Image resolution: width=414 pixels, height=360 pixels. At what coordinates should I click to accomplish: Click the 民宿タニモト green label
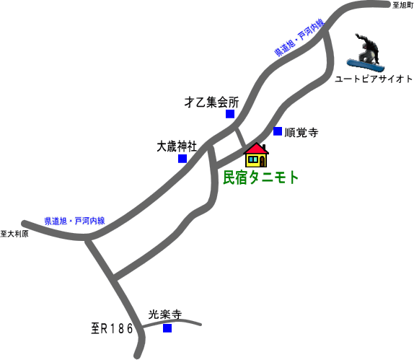pyautogui.click(x=261, y=177)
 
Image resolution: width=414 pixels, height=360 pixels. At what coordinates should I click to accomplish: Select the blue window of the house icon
pyautogui.click(x=253, y=159)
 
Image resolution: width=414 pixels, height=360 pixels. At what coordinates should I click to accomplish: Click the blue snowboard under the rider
pyautogui.click(x=366, y=66)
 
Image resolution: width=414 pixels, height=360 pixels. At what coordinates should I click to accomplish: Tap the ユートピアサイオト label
pyautogui.click(x=374, y=79)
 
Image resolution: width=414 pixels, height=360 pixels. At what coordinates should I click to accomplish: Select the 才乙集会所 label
pyautogui.click(x=211, y=102)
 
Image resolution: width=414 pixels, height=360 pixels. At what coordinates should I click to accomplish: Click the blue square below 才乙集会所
pyautogui.click(x=230, y=114)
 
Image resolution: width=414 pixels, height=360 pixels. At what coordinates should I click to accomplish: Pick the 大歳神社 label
pyautogui.click(x=177, y=146)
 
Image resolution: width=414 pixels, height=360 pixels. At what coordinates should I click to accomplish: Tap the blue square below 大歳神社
pyautogui.click(x=182, y=159)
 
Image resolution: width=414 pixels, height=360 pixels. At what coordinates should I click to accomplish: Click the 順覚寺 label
pyautogui.click(x=301, y=132)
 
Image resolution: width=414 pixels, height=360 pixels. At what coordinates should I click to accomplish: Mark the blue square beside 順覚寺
pyautogui.click(x=278, y=131)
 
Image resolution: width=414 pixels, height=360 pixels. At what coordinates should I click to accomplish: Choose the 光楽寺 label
pyautogui.click(x=165, y=315)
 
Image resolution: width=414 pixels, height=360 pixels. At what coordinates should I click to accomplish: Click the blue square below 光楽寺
pyautogui.click(x=167, y=328)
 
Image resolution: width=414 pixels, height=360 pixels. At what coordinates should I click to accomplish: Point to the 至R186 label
pyautogui.click(x=112, y=329)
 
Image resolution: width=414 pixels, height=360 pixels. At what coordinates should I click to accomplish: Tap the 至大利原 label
pyautogui.click(x=14, y=234)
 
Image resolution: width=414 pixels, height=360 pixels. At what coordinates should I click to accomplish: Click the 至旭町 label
pyautogui.click(x=403, y=5)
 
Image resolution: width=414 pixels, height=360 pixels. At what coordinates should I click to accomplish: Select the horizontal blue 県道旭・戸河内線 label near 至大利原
pyautogui.click(x=74, y=221)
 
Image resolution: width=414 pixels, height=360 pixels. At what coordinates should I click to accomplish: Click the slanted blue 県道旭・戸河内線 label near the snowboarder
pyautogui.click(x=299, y=37)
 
